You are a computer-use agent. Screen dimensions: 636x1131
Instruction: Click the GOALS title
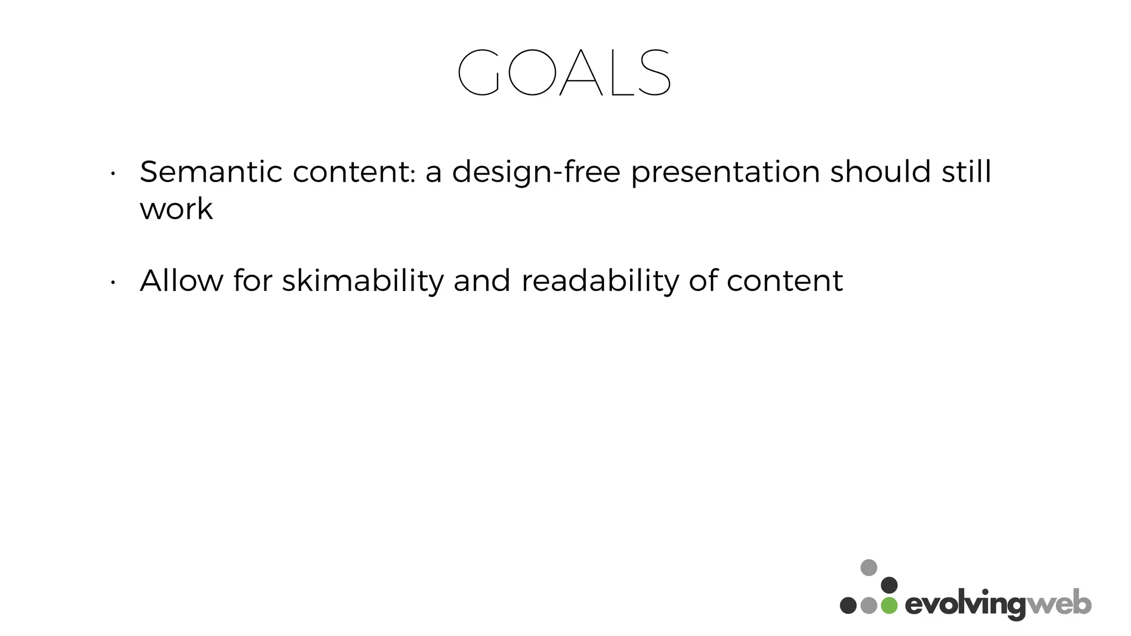(x=564, y=72)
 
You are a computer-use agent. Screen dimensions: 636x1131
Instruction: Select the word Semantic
(x=211, y=172)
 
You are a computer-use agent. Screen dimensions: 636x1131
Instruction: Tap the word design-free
(x=536, y=173)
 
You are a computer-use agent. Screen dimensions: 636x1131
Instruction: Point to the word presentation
(x=725, y=173)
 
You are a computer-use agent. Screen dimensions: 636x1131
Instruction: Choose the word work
(x=176, y=209)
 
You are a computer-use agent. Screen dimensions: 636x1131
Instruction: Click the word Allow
(x=182, y=280)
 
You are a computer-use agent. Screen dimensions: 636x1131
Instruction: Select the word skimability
(x=363, y=282)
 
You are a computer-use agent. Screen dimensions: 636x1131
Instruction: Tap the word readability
(x=600, y=282)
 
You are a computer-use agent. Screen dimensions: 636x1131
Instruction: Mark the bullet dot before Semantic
(x=113, y=174)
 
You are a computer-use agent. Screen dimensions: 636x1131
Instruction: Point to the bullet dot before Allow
(x=113, y=283)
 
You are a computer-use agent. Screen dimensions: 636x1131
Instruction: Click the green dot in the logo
(x=889, y=605)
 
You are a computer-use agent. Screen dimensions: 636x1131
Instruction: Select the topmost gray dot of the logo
(x=869, y=568)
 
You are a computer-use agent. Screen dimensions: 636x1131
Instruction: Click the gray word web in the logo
(x=1059, y=604)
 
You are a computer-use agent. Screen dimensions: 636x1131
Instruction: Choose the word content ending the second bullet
(x=784, y=280)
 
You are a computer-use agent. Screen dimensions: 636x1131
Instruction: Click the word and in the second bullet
(x=482, y=280)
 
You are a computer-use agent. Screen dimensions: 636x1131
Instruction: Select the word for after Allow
(x=252, y=280)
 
